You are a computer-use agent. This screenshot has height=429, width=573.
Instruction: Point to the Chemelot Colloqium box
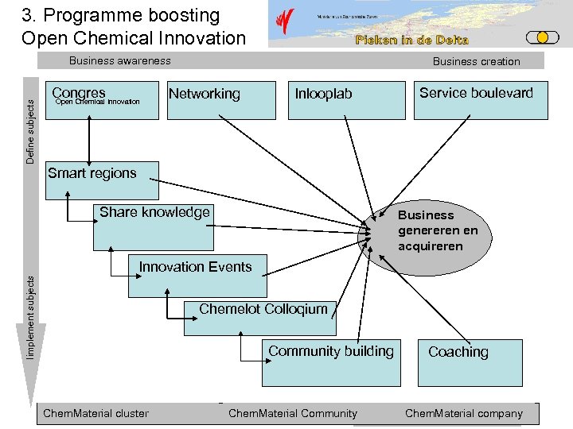point(263,317)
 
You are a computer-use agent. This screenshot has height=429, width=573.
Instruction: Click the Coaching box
point(470,361)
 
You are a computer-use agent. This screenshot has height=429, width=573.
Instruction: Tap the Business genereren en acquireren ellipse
point(438,231)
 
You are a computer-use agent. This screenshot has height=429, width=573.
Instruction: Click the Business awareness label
point(119,60)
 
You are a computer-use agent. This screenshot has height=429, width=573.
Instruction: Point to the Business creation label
point(476,61)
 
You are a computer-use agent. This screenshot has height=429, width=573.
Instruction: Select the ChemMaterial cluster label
point(95,413)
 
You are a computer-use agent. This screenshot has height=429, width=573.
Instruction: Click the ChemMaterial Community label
point(293,413)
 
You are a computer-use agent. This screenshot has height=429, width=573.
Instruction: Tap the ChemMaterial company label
point(464,413)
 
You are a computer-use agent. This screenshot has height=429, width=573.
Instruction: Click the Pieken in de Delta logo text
point(411,40)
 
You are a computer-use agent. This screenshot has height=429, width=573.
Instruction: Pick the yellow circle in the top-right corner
point(542,37)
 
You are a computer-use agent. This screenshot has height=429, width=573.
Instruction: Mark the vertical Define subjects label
point(30,125)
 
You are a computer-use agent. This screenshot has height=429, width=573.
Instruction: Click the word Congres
point(79,93)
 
